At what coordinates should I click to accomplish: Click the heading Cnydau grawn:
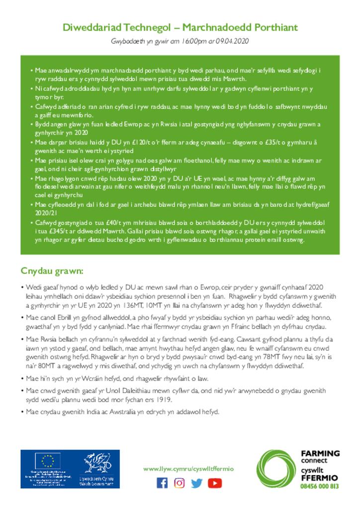52,271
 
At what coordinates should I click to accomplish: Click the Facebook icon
162,483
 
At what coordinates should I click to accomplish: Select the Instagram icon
180,483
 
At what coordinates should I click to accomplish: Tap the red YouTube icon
214,483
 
